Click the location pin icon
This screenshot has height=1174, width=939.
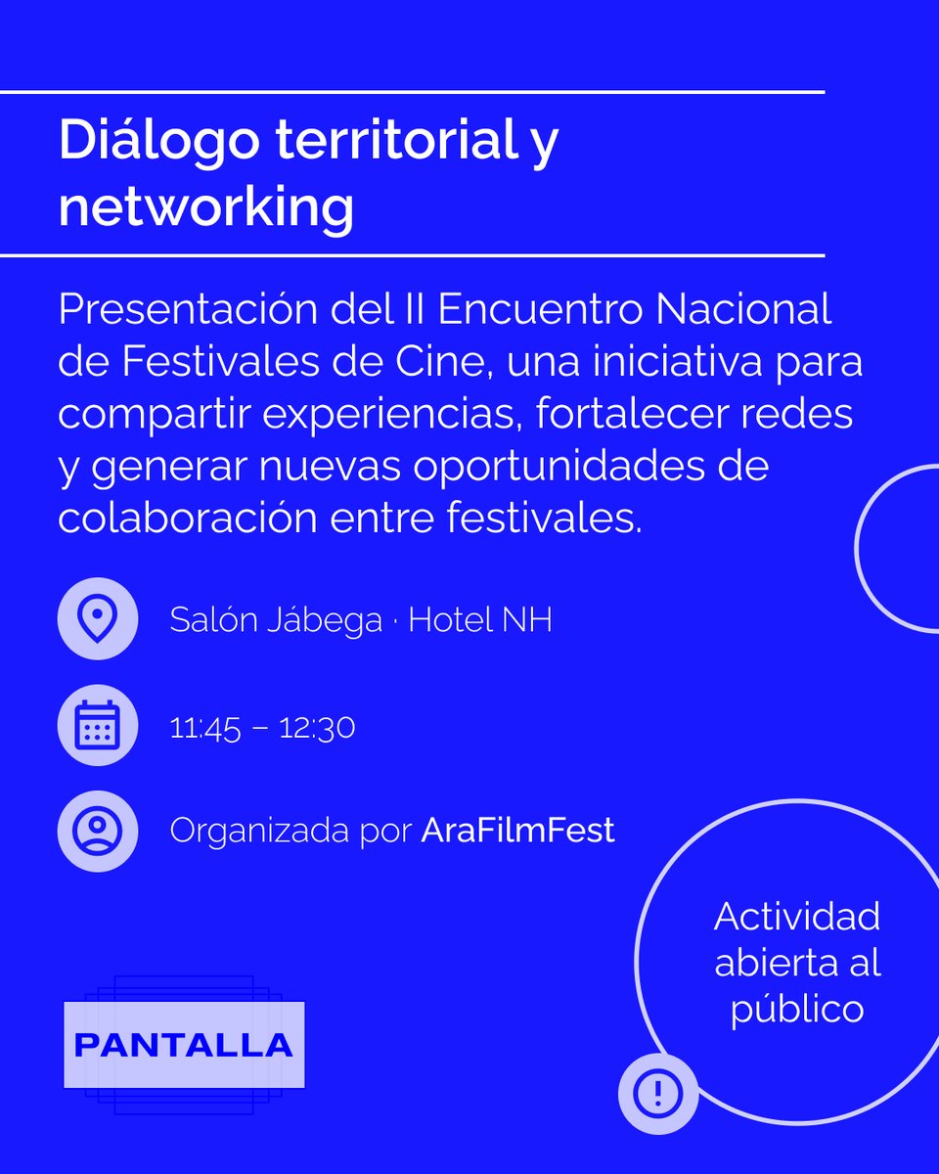(97, 618)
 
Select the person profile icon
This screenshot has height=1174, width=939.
(97, 831)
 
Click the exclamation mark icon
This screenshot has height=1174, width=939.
(657, 1092)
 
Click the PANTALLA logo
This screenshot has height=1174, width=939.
(184, 1044)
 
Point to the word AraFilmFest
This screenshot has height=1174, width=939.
(517, 831)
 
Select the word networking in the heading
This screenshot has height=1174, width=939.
(205, 206)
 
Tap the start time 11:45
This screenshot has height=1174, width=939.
(204, 728)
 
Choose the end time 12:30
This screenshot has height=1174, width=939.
(317, 728)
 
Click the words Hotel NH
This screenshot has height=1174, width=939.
(480, 620)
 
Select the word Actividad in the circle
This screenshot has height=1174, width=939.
(796, 917)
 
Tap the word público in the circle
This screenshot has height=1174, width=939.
(797, 1009)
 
